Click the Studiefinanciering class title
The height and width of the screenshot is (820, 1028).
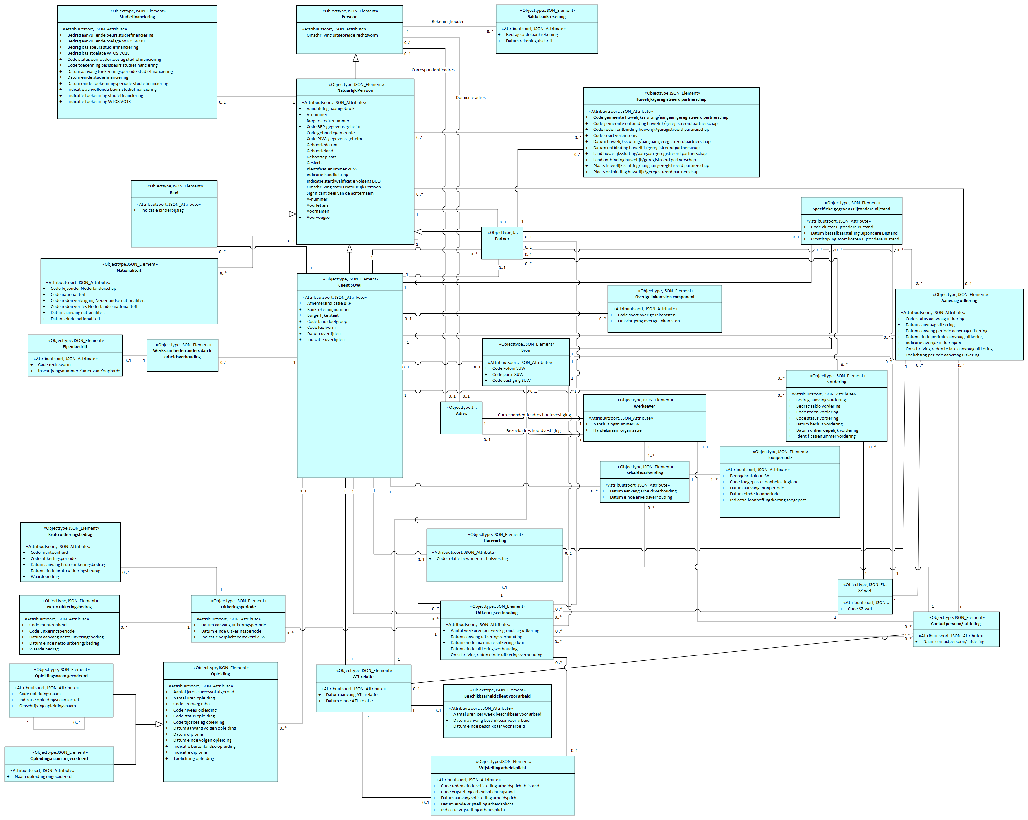137,17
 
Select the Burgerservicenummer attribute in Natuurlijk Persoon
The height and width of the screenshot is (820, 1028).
328,121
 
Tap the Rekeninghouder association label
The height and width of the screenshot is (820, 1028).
447,21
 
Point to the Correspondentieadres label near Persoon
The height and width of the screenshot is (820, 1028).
433,70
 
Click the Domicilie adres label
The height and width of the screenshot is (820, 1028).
470,97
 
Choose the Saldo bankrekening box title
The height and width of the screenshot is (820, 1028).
546,17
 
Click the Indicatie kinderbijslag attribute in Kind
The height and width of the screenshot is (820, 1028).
162,210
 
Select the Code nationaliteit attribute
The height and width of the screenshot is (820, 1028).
68,295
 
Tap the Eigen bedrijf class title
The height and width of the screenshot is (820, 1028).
75,347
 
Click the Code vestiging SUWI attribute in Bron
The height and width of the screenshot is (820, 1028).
512,381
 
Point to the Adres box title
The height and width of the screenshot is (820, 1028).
461,414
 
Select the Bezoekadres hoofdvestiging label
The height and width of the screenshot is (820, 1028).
533,431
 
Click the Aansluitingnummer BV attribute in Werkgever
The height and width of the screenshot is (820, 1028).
616,424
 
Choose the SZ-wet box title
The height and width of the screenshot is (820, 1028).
864,591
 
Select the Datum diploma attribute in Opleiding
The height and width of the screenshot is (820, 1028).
188,734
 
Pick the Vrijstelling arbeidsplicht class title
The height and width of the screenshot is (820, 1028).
503,768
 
